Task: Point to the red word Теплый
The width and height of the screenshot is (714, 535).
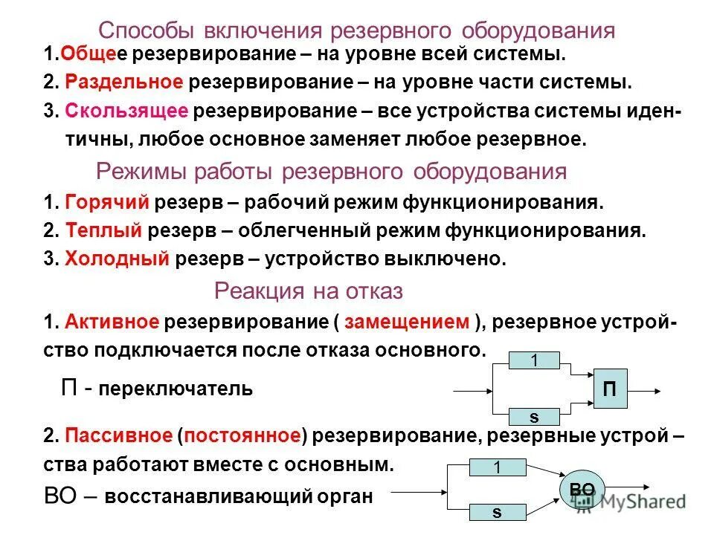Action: [103, 230]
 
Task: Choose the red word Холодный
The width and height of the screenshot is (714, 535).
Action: [119, 259]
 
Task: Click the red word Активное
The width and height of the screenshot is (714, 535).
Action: [112, 322]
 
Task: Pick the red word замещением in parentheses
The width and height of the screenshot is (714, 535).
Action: [407, 322]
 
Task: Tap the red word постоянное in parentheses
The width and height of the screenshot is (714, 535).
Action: [242, 435]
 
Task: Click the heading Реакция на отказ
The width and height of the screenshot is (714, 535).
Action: [308, 291]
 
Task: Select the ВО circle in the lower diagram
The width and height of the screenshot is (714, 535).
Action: [582, 489]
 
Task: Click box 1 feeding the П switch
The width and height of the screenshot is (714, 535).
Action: [533, 362]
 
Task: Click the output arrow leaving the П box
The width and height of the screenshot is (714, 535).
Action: [645, 389]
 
